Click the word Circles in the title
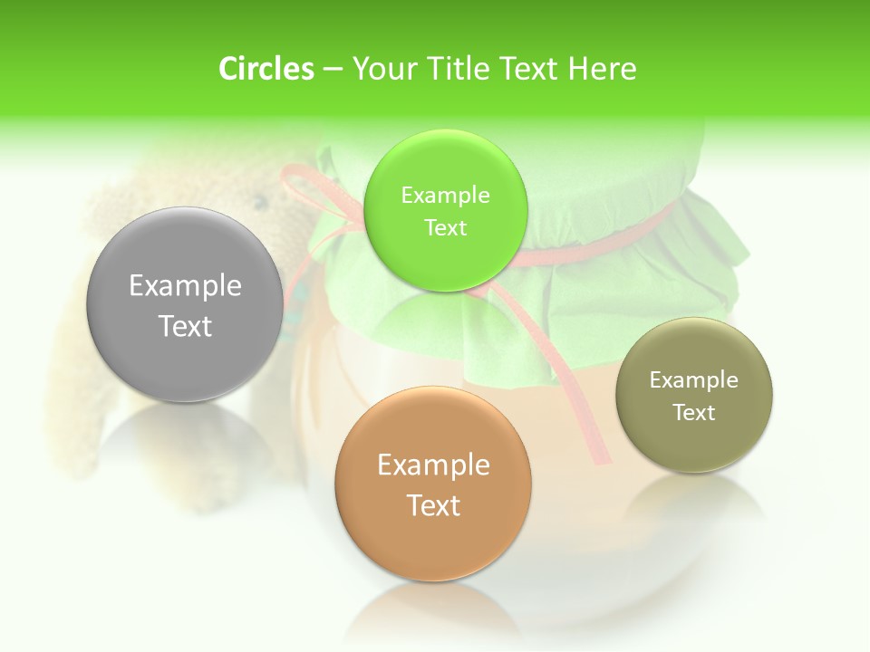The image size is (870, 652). (266, 69)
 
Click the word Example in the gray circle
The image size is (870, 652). (185, 286)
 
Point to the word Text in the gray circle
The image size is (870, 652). (185, 326)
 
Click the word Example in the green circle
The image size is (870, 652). (445, 196)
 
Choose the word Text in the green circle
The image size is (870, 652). (445, 228)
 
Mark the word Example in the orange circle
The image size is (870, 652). (433, 465)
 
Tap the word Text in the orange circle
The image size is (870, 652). (433, 505)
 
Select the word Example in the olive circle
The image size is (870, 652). (693, 380)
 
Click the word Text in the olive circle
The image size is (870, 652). (693, 413)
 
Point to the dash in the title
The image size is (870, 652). (332, 69)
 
